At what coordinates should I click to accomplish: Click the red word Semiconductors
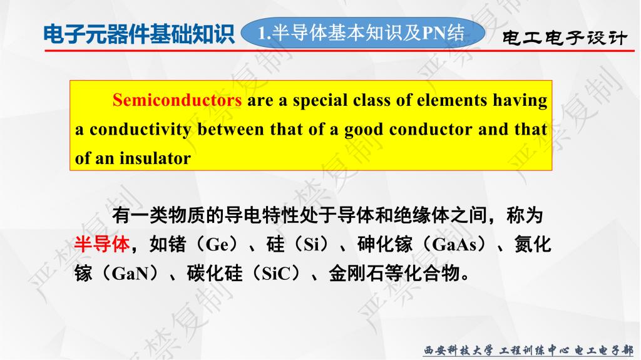[x=177, y=100]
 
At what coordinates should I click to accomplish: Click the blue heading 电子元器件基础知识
[x=139, y=34]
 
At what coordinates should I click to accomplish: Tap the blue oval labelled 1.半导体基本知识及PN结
[x=362, y=33]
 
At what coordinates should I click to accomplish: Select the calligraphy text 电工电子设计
[x=564, y=38]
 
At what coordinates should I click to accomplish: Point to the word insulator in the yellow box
[x=155, y=158]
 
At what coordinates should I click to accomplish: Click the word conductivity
[x=140, y=130]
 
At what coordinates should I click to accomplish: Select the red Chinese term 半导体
[x=102, y=244]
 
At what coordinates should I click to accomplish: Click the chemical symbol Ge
[x=217, y=245]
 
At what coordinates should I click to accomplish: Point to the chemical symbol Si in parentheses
[x=312, y=245]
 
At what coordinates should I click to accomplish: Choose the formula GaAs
[x=454, y=245]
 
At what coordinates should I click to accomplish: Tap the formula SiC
[x=276, y=273]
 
